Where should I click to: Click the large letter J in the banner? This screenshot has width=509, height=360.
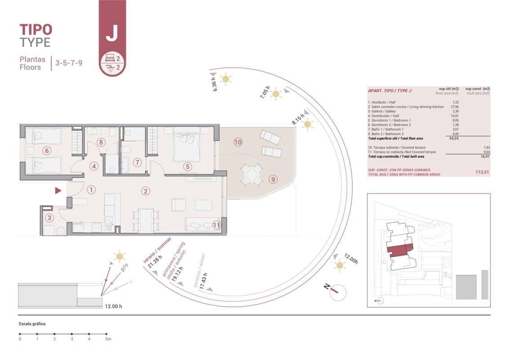click(x=112, y=33)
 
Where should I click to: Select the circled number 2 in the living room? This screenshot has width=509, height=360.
click(x=145, y=191)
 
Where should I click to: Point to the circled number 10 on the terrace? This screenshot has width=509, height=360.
click(x=238, y=142)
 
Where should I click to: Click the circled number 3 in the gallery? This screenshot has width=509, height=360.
click(x=50, y=218)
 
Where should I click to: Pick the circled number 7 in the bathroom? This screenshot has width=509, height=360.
click(x=138, y=162)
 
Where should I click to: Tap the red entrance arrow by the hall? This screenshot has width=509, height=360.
click(x=58, y=191)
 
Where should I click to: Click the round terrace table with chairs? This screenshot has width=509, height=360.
click(x=251, y=175)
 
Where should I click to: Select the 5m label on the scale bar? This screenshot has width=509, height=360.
click(x=107, y=339)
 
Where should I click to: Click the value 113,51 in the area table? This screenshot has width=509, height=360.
click(x=482, y=171)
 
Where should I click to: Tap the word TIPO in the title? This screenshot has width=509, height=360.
click(x=36, y=30)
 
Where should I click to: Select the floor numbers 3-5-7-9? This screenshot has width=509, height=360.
click(x=68, y=63)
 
